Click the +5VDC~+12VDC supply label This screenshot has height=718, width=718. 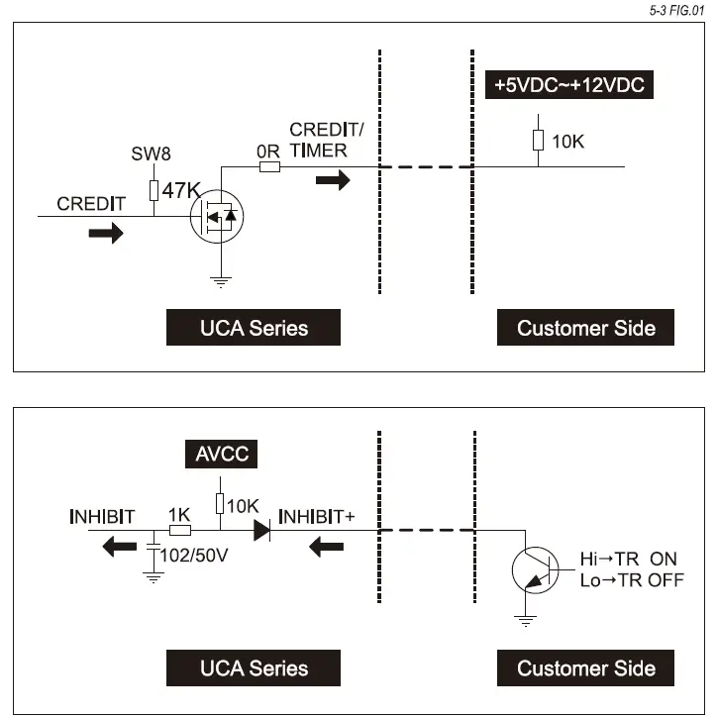click(x=569, y=85)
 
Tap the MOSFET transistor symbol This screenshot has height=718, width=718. click(x=217, y=216)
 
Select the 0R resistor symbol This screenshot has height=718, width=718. click(x=269, y=167)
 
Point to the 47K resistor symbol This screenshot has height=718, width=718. click(x=154, y=190)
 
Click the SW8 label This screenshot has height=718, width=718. click(x=151, y=154)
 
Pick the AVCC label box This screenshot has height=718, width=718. click(x=221, y=454)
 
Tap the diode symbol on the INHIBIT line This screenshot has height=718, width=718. click(x=261, y=531)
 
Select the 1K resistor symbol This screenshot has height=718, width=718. click(x=180, y=531)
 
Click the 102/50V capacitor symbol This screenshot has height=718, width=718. click(x=154, y=547)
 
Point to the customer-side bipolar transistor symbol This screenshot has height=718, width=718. click(x=536, y=570)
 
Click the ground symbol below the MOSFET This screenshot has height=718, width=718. click(x=221, y=282)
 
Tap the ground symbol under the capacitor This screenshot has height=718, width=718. click(x=154, y=578)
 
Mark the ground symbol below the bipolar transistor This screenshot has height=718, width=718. click(x=525, y=621)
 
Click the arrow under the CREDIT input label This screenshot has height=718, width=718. click(x=106, y=233)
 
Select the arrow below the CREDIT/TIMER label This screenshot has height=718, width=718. click(x=333, y=180)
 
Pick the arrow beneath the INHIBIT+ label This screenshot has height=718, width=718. click(x=326, y=547)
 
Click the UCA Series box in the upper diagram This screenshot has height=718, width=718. click(x=254, y=328)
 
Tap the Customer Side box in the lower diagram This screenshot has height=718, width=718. click(x=585, y=667)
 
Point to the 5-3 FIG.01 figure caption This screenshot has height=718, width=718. click(x=676, y=11)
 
